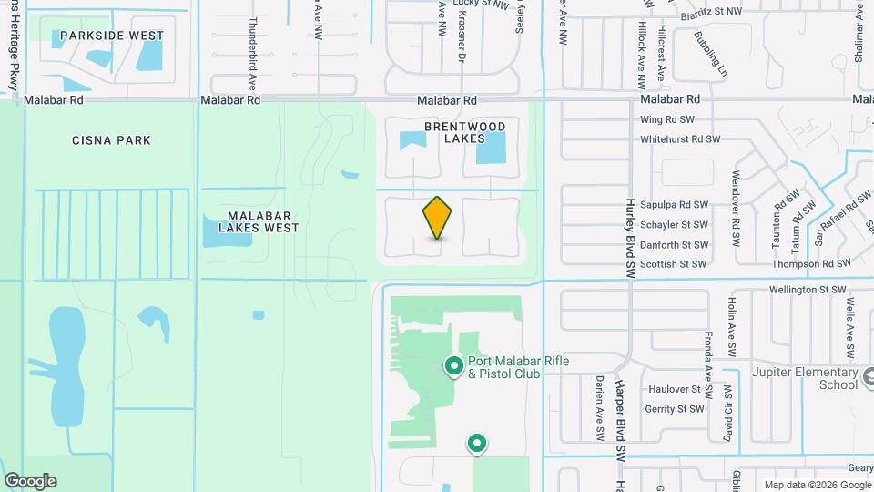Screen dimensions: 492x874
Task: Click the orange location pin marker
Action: (437, 218)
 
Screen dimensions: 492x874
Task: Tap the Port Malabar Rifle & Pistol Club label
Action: (518, 367)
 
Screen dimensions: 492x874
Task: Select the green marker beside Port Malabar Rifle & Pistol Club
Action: (453, 366)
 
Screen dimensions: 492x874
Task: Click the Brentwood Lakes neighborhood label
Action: (464, 132)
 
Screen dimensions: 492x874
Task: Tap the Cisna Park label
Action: (111, 140)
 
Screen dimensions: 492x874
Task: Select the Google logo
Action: (30, 480)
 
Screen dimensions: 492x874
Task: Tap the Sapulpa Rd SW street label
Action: (674, 206)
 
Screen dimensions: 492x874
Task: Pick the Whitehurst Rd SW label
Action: (679, 139)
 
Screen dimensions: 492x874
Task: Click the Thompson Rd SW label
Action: (811, 263)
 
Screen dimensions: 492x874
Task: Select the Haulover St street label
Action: (674, 389)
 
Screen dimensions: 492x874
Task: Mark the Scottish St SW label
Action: (673, 264)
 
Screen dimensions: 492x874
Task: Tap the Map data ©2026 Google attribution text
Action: (816, 484)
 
